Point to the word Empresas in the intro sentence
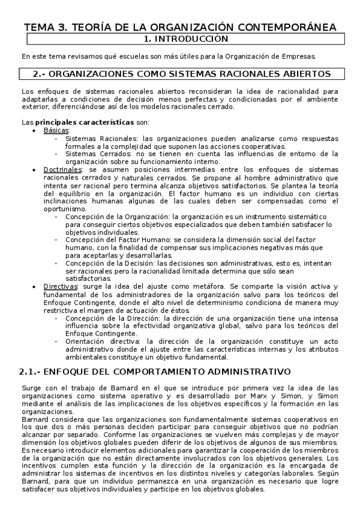295,56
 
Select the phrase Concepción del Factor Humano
120,239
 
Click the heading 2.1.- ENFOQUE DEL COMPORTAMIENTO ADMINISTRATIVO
155,372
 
